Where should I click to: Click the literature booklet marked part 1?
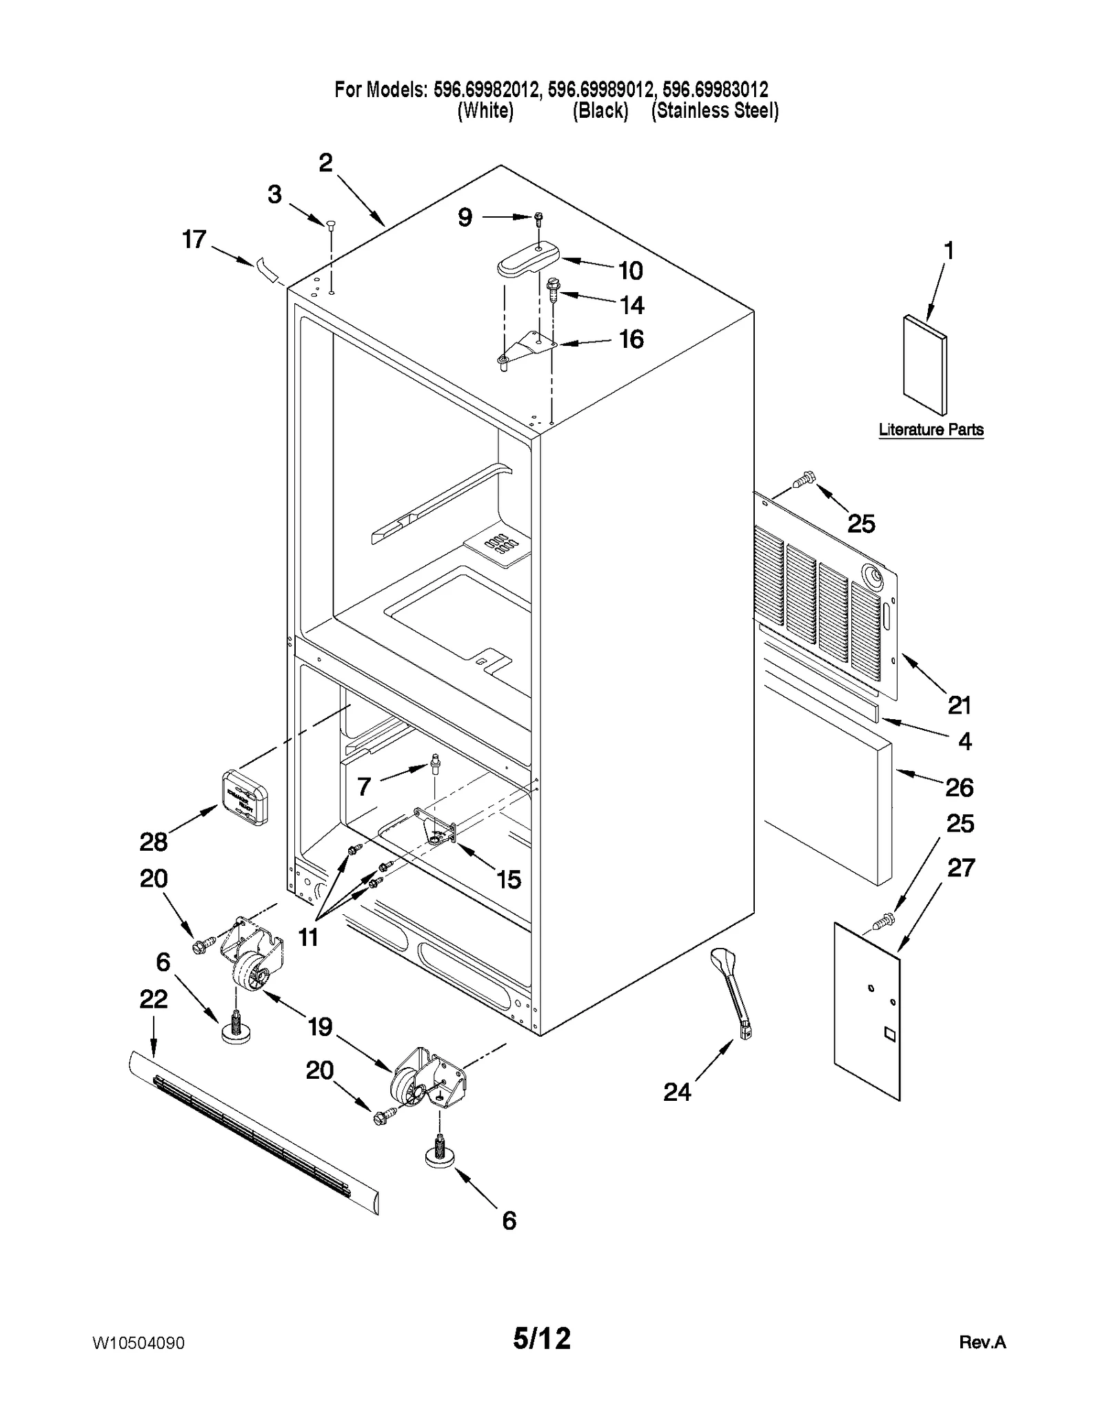[x=924, y=365]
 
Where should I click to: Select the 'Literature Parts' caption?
[x=931, y=430]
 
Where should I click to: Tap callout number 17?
[x=194, y=240]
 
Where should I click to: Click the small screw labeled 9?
[x=538, y=218]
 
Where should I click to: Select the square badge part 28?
[x=244, y=797]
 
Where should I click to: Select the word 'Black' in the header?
[x=600, y=110]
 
